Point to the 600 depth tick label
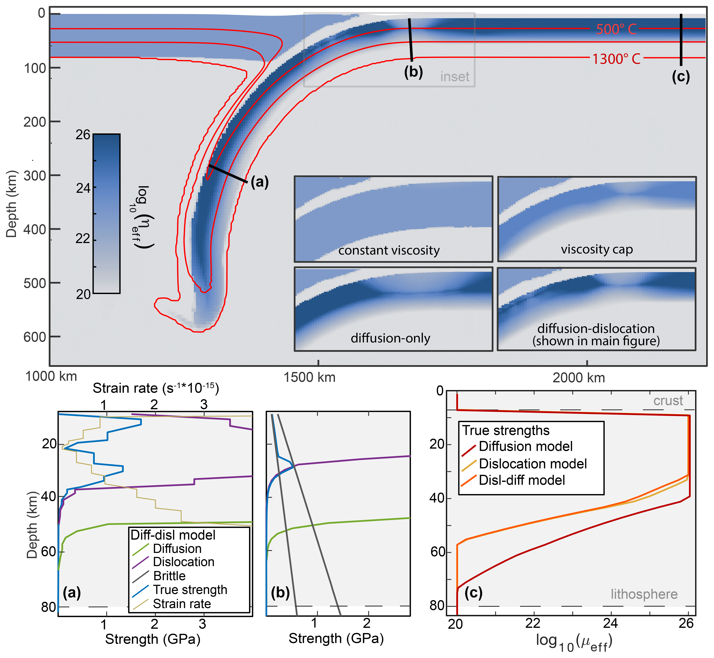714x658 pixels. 35,337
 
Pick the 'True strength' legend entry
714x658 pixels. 190,590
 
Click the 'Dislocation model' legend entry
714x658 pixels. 532,464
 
